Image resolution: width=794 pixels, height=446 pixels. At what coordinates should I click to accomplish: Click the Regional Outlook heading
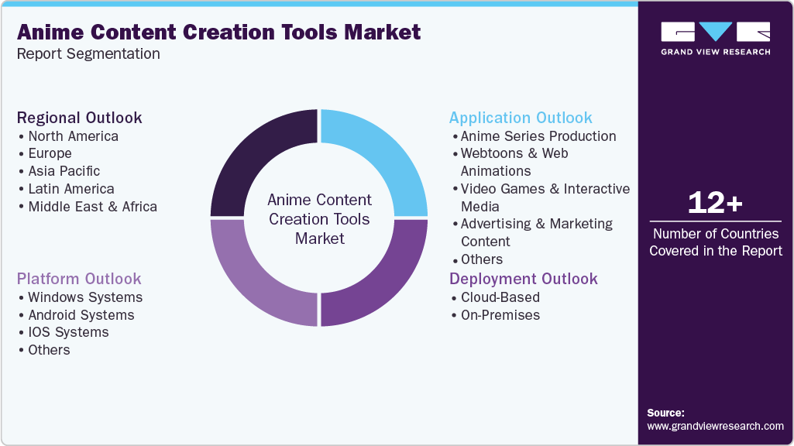79,118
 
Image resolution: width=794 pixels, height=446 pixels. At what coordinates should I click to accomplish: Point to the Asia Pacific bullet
64,171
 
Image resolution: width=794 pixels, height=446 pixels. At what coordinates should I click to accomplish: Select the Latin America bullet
70,189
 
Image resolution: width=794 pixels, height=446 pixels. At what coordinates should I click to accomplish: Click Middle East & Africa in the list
92,207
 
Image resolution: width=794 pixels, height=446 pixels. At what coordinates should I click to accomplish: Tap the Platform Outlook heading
79,279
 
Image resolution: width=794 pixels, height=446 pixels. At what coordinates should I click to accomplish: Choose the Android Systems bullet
81,315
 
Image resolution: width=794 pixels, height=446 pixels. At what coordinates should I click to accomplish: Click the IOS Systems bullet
68,332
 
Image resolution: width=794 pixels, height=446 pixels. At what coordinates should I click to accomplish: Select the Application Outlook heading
521,118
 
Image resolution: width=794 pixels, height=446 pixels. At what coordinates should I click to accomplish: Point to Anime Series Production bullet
538,136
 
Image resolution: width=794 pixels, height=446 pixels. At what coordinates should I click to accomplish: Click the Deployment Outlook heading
524,279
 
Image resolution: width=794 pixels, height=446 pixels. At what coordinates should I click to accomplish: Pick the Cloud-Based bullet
500,297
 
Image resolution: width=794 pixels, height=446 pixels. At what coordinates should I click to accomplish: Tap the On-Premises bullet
500,315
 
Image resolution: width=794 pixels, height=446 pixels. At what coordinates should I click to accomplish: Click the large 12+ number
715,204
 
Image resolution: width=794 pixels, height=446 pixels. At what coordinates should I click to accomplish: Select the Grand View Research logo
715,38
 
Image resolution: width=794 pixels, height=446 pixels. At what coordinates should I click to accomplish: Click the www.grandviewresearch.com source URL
715,426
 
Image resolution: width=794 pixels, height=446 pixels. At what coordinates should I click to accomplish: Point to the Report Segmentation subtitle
88,54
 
